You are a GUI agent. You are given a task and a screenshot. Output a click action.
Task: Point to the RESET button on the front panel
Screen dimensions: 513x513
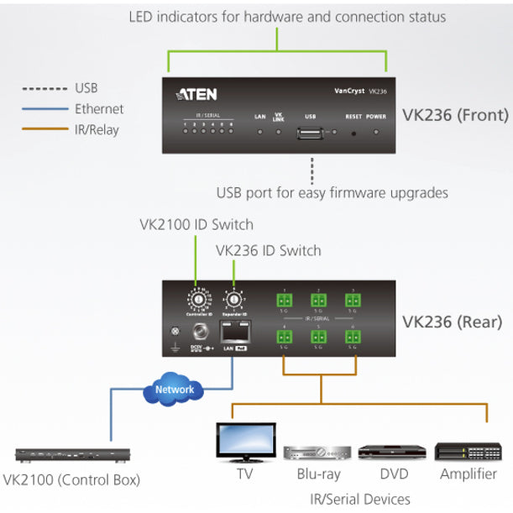pyautogui.click(x=353, y=133)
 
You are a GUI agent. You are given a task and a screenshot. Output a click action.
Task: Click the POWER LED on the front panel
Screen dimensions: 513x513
pyautogui.click(x=376, y=133)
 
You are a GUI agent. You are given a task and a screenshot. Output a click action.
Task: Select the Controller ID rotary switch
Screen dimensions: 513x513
pyautogui.click(x=199, y=298)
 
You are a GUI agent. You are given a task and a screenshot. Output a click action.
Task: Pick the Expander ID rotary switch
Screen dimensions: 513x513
pyautogui.click(x=233, y=299)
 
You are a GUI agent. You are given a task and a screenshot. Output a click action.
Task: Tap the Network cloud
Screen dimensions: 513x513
pyautogui.click(x=175, y=389)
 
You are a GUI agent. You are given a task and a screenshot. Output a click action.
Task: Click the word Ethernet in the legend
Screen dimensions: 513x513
pyautogui.click(x=99, y=108)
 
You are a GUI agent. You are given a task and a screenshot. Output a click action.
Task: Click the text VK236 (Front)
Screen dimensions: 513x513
pyautogui.click(x=455, y=116)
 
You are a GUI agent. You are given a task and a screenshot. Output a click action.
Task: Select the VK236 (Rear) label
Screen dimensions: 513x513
pyautogui.click(x=453, y=321)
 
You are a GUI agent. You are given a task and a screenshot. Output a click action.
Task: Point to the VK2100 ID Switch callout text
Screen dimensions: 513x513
pyautogui.click(x=196, y=225)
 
